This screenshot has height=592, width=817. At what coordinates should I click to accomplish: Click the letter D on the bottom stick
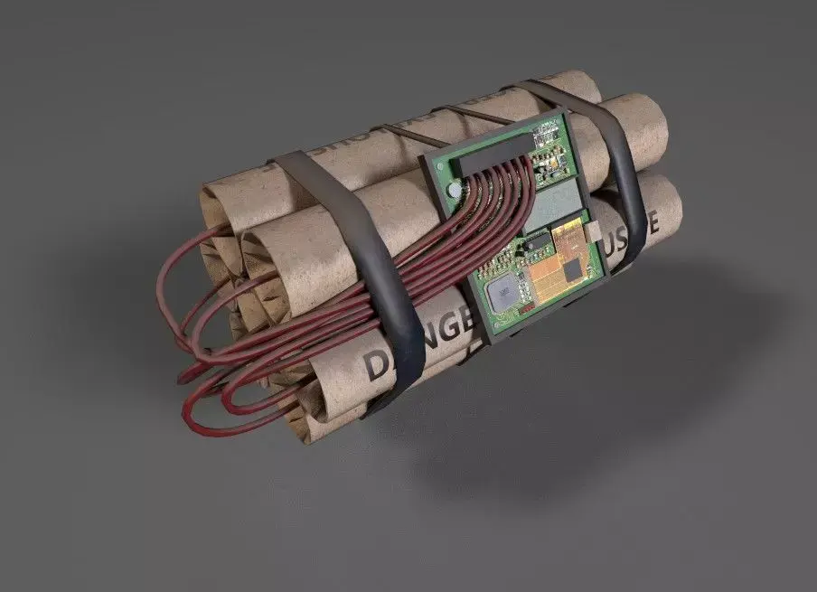375,365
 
